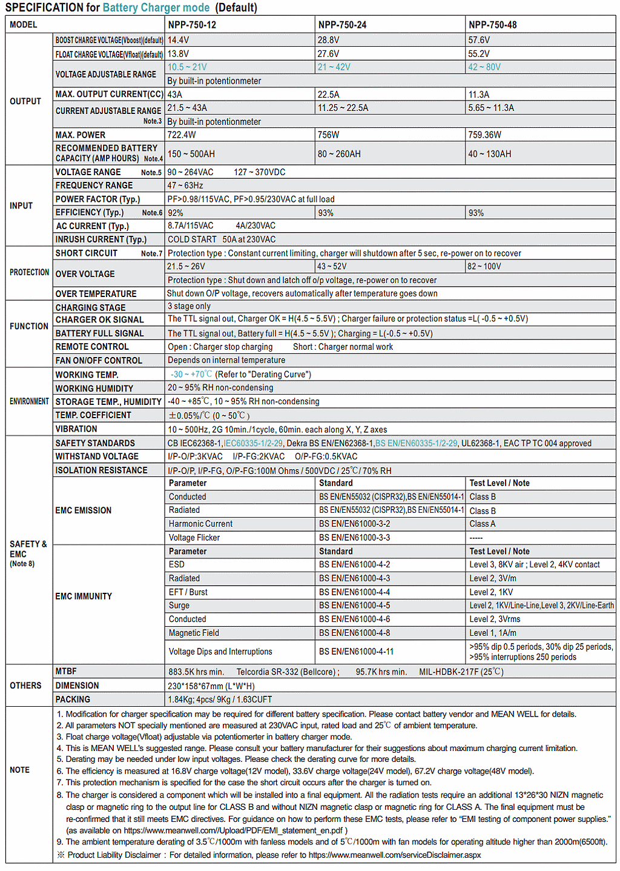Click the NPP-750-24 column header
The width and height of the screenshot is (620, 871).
(342, 25)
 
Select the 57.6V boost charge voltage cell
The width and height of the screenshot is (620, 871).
(479, 40)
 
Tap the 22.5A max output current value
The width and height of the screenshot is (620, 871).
(329, 95)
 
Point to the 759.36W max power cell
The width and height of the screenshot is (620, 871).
(484, 135)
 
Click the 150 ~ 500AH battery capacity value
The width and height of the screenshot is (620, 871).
(191, 154)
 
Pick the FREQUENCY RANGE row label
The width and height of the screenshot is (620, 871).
(94, 185)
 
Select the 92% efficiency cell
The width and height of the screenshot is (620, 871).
(176, 213)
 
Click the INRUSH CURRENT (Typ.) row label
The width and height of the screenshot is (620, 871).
(101, 239)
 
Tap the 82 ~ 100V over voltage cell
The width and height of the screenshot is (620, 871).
(484, 266)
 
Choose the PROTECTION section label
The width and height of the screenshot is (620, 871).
(29, 273)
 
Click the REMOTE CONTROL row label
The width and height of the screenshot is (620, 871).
(92, 347)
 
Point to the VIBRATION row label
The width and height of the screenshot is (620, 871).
(76, 429)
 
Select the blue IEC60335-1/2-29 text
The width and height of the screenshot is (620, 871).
(253, 443)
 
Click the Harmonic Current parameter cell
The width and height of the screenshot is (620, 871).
(200, 524)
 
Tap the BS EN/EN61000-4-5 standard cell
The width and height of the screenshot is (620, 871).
(355, 606)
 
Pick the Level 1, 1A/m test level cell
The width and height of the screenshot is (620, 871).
(493, 633)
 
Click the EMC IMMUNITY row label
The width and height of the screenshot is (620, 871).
(84, 596)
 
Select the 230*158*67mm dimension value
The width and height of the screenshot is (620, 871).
(211, 686)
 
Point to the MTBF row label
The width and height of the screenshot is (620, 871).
(66, 672)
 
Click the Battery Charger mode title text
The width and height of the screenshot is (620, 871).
(156, 8)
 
